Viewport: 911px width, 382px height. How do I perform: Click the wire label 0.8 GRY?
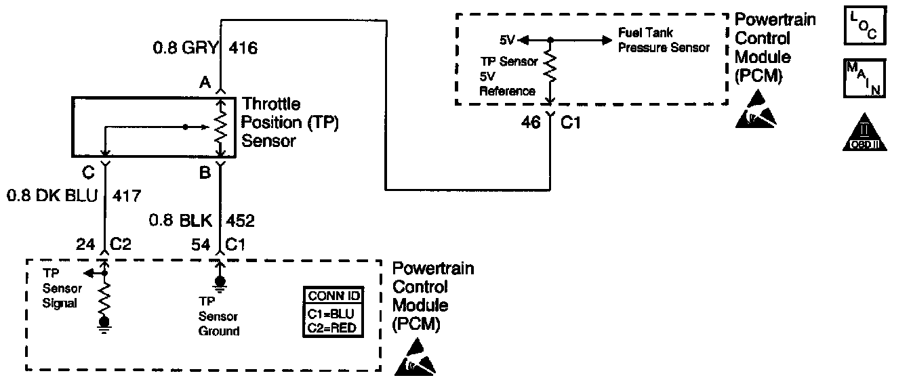(185, 48)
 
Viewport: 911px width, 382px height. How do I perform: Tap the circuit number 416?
(243, 48)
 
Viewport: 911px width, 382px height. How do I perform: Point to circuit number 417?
(127, 196)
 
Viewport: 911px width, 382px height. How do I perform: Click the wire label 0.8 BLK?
(181, 221)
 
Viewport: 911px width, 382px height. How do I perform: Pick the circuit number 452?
(241, 221)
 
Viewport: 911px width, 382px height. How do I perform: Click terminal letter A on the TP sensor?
(203, 83)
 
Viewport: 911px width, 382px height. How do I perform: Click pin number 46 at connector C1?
(531, 123)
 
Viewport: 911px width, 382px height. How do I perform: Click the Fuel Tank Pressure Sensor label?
(663, 40)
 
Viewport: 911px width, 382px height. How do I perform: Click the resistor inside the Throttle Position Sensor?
(220, 129)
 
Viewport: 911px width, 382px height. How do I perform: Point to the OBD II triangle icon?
(864, 134)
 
